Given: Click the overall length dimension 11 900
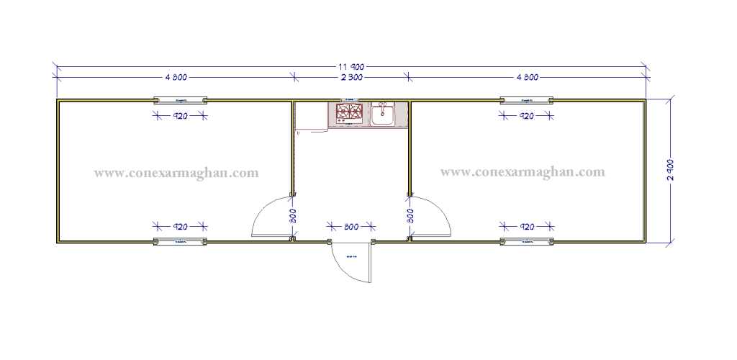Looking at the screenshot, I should tap(351, 67).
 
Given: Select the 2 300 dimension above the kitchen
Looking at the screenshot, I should tap(351, 77).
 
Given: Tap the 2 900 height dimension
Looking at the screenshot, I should tap(671, 169).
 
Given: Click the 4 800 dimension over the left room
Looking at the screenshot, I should tap(176, 77).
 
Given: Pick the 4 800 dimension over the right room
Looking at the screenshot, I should tap(527, 77).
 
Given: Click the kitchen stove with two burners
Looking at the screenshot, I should tap(349, 112).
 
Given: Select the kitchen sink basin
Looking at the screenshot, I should tap(382, 114).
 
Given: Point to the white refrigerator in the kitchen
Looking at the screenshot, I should tap(311, 117).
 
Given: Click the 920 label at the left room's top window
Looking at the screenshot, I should tap(180, 116).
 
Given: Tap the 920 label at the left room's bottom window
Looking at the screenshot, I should tap(180, 227).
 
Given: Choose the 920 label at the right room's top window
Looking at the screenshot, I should tap(527, 116).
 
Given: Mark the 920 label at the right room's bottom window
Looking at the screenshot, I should tap(527, 227).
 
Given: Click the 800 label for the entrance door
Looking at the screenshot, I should tap(351, 228).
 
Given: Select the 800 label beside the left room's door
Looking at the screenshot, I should tap(292, 215).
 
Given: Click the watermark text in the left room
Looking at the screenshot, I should tap(176, 173).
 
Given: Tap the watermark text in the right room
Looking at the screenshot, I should tap(523, 172).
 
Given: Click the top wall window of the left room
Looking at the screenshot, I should tap(180, 99).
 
